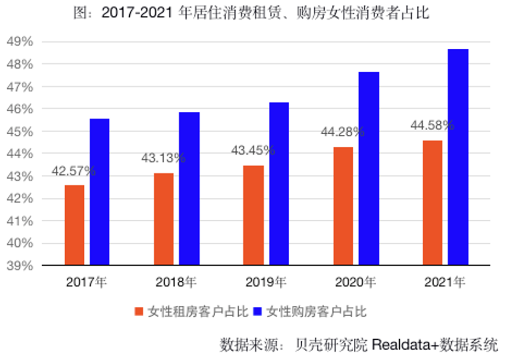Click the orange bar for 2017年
point(74,225)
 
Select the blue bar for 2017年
point(100,192)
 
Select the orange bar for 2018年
point(164,219)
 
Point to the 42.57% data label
point(73,171)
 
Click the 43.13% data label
point(163,158)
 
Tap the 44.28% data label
point(342,132)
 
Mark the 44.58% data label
point(432,125)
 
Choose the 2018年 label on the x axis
point(176,283)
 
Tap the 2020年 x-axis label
point(355,283)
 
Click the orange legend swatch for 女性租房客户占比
point(139,312)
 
